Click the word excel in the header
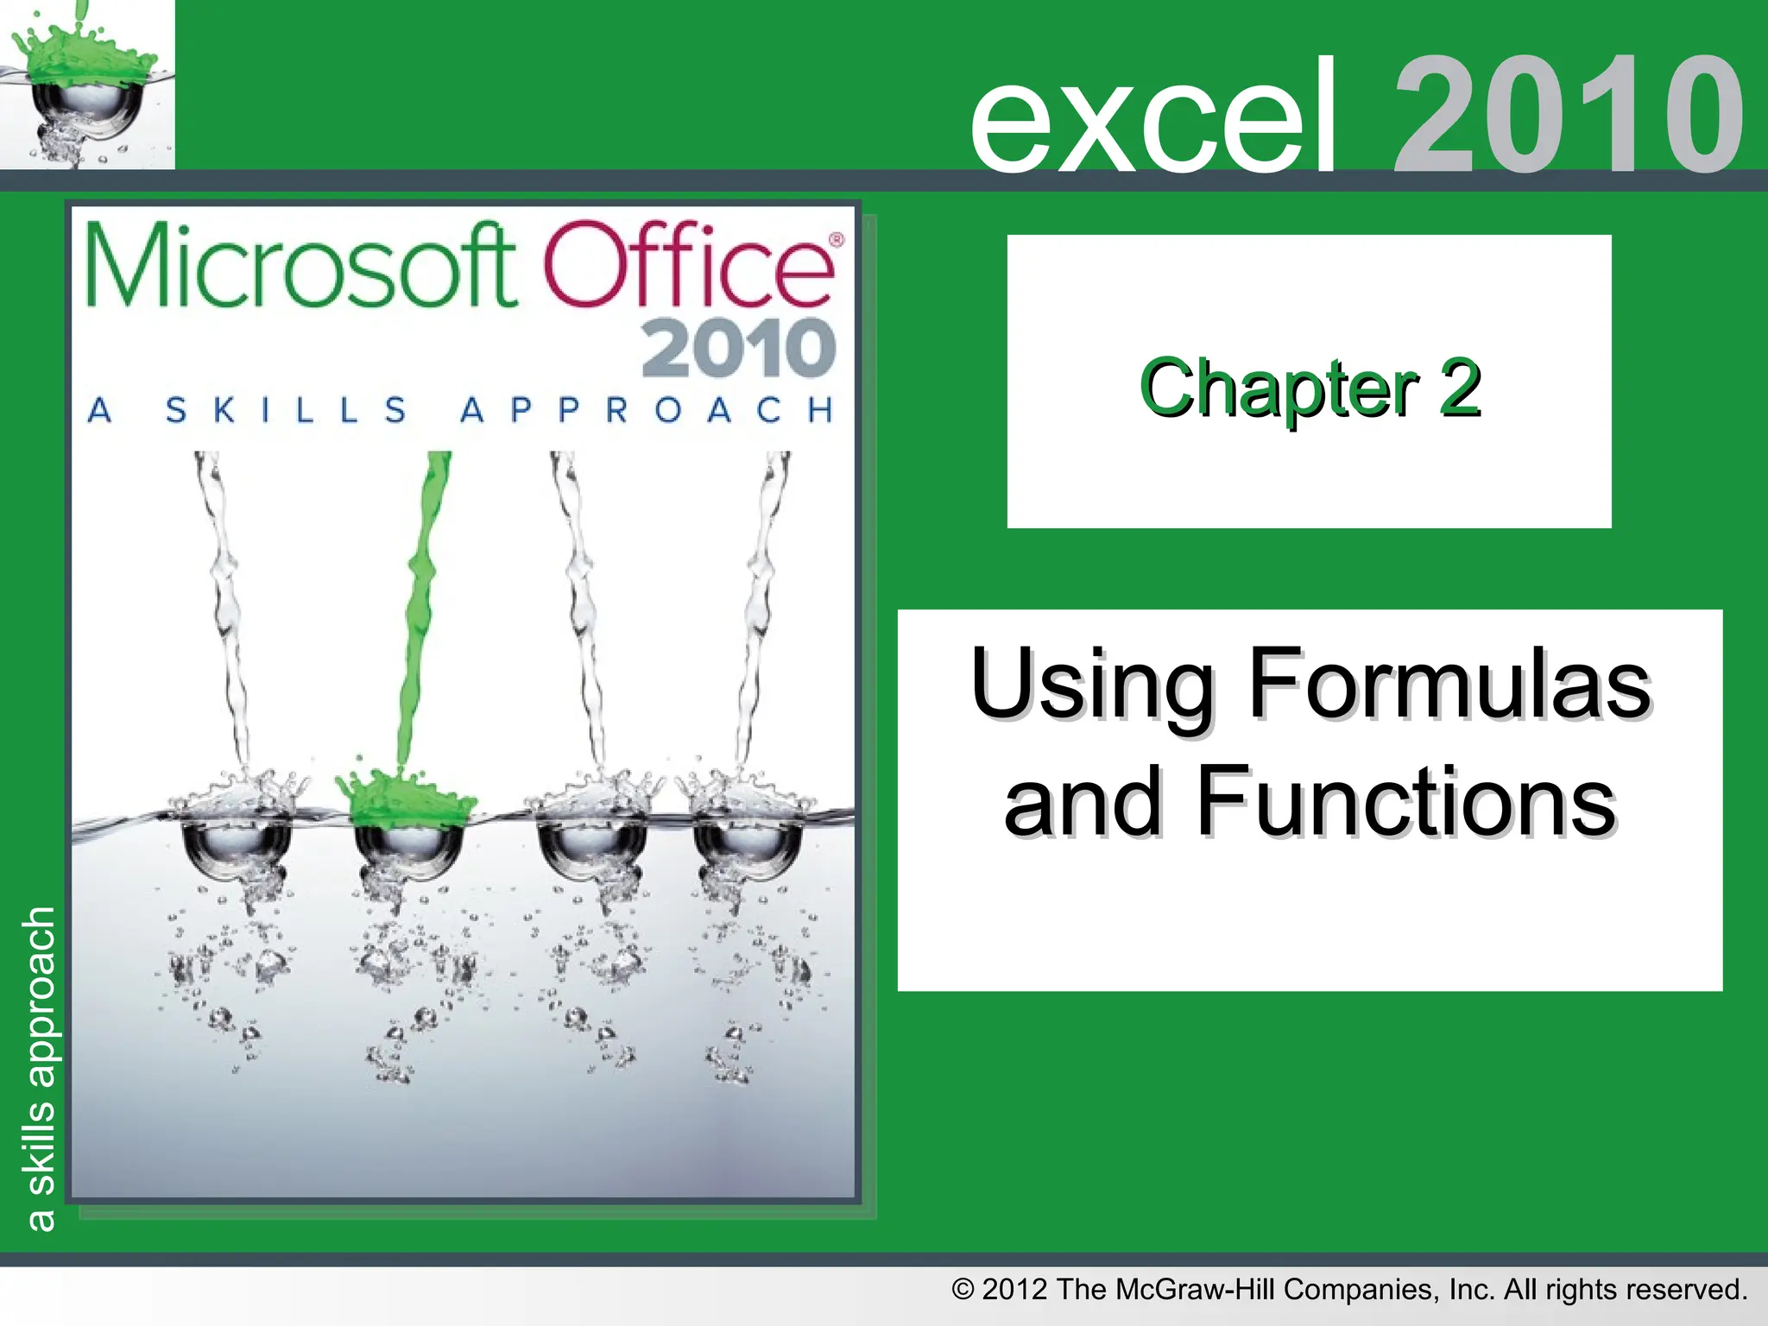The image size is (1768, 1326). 1153,117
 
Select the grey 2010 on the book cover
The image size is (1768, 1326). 738,348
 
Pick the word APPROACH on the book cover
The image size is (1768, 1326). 647,409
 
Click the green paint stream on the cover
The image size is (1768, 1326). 423,604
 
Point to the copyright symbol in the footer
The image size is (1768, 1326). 963,1290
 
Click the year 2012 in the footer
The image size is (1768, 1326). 1015,1290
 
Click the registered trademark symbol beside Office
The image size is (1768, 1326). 836,239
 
